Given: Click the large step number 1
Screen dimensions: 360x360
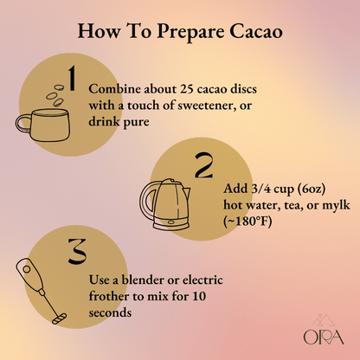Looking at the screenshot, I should pos(72,79).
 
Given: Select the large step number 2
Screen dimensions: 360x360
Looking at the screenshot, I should pos(203,166).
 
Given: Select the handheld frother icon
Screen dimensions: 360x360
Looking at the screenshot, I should pos(38,289).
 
